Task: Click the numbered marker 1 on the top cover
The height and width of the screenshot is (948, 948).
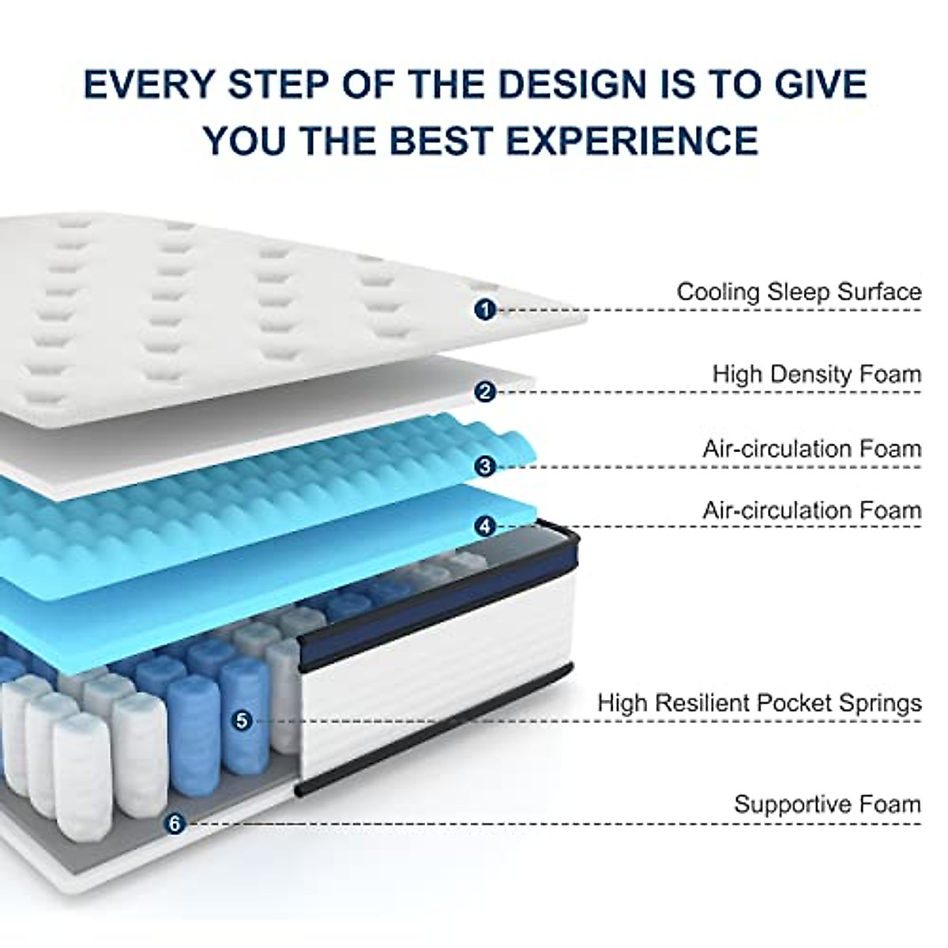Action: point(485,309)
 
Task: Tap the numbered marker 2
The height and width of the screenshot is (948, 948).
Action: point(485,390)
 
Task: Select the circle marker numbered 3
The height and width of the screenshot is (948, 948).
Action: point(485,465)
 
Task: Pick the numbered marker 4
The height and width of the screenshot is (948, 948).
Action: point(485,525)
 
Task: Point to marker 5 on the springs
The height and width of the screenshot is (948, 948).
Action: point(242,720)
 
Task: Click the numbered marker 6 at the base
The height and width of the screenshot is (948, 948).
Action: point(175,823)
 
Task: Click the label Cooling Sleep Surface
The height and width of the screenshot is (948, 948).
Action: point(799,292)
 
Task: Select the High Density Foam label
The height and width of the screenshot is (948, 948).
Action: point(817,374)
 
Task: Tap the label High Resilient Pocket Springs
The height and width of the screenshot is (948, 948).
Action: point(759,702)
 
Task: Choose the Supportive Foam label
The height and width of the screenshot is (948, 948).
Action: point(827,804)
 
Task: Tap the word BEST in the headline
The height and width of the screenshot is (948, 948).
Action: point(432,140)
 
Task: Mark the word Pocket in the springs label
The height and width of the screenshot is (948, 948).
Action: point(798,702)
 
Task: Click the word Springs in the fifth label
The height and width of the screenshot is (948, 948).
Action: point(880,702)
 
